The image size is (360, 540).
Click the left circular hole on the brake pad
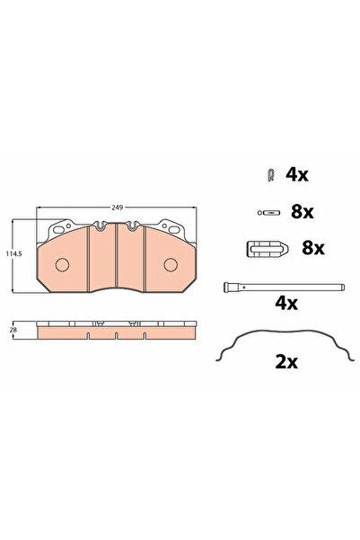(x=63, y=265)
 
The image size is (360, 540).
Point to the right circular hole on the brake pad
(x=171, y=264)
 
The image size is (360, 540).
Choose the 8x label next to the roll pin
(x=302, y=213)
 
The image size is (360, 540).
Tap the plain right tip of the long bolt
(x=342, y=288)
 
